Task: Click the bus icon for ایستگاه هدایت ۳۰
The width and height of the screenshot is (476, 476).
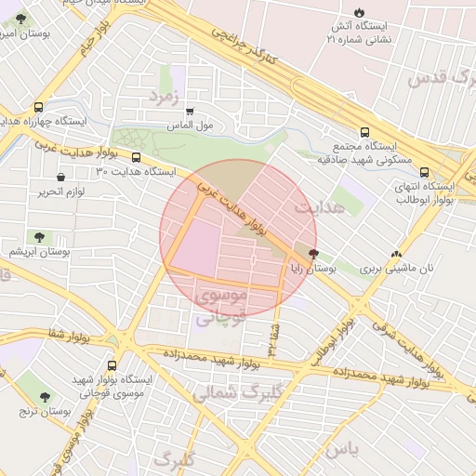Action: [x=137, y=158]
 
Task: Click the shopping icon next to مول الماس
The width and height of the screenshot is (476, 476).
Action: [x=192, y=111]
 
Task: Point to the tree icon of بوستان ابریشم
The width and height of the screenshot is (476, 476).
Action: [x=39, y=238]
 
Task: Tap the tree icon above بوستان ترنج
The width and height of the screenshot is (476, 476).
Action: [x=45, y=397]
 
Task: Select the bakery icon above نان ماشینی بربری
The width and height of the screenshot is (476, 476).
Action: [x=397, y=254]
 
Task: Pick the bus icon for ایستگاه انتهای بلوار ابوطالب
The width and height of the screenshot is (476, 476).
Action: [x=425, y=172]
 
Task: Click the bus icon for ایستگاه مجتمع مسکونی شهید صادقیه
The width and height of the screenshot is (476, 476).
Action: [x=364, y=132]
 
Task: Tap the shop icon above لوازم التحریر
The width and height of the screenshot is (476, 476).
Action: [x=61, y=177]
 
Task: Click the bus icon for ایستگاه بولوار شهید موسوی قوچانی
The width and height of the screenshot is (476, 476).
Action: [x=112, y=365]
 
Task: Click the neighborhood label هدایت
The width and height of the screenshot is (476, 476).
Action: [x=319, y=207]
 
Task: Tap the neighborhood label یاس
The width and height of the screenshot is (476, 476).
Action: [x=340, y=449]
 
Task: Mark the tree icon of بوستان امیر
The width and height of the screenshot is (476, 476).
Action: [x=21, y=20]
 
